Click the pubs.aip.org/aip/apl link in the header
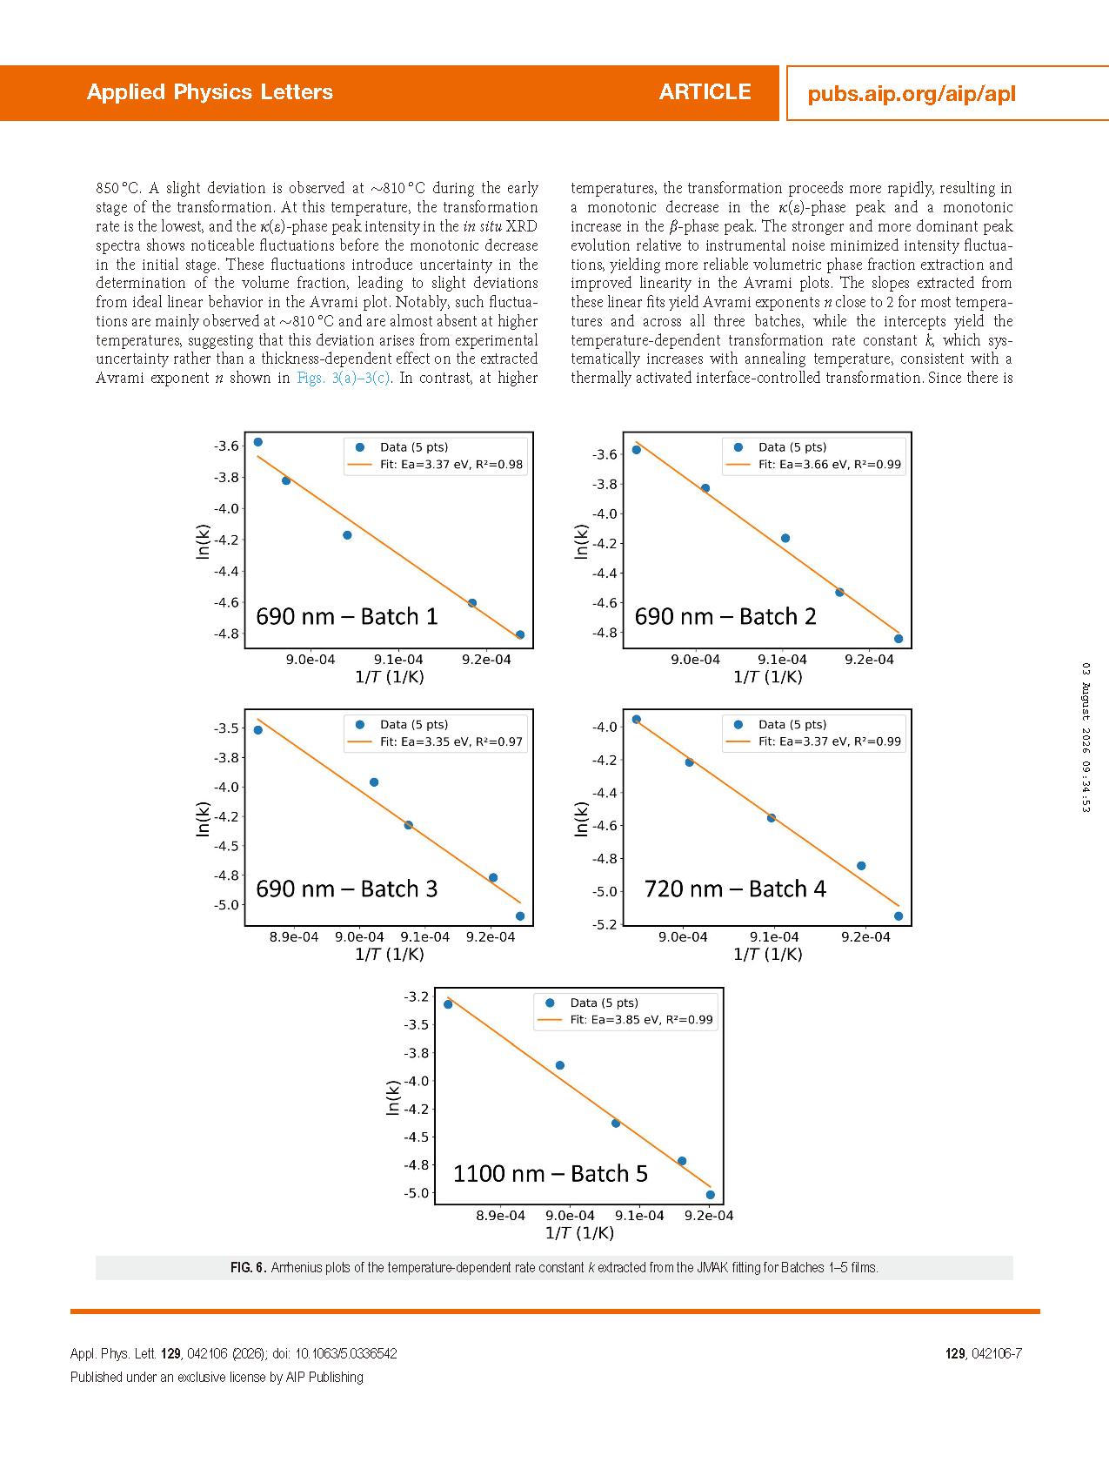(912, 94)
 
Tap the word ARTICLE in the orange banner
(705, 92)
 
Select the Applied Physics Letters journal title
(210, 92)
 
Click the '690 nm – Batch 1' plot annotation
(347, 616)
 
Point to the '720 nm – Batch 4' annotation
(735, 889)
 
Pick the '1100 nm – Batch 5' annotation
(551, 1173)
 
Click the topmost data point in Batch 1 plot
(258, 442)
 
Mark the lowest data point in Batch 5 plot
(711, 1195)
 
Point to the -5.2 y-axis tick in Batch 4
(605, 924)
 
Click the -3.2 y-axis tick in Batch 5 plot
(416, 996)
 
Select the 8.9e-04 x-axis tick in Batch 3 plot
(294, 937)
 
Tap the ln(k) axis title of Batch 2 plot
(581, 541)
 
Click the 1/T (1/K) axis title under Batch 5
(579, 1233)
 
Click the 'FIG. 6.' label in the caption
(248, 1268)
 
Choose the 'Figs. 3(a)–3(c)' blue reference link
(344, 378)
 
